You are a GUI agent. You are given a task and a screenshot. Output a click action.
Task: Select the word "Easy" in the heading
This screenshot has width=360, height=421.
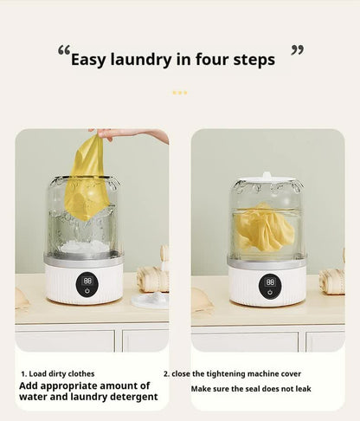(x=91, y=60)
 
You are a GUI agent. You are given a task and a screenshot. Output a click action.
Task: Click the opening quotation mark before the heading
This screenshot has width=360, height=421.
(x=63, y=51)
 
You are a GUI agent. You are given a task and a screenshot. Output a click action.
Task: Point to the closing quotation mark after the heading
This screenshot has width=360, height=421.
(x=297, y=50)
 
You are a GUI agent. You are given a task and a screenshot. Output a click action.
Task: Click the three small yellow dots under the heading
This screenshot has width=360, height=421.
(x=179, y=92)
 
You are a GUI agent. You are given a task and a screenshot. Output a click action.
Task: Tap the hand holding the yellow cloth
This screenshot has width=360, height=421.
(x=130, y=134)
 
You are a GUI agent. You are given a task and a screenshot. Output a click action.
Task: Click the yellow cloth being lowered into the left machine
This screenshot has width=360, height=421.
(x=87, y=178)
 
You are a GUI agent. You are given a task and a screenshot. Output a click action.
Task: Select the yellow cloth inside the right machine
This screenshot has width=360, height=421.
(x=265, y=227)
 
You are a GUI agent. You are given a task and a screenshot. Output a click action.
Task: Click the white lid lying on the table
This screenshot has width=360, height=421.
(x=149, y=300)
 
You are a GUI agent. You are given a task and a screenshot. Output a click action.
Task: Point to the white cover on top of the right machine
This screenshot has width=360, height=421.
(x=267, y=182)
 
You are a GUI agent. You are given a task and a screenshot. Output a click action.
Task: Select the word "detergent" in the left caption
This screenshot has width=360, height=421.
(x=130, y=397)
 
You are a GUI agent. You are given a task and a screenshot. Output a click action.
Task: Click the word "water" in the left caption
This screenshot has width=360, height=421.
(x=35, y=397)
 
